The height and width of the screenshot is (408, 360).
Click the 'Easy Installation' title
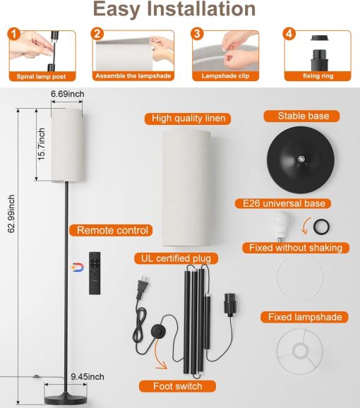pyautogui.click(x=174, y=10)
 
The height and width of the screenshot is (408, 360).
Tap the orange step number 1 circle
pyautogui.click(x=15, y=34)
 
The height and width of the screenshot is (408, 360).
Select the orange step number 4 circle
pyautogui.click(x=289, y=34)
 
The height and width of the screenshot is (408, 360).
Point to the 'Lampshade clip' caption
pyautogui.click(x=224, y=76)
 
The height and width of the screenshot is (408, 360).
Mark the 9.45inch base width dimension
pyautogui.click(x=87, y=376)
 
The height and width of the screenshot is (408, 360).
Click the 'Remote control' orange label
pyautogui.click(x=113, y=230)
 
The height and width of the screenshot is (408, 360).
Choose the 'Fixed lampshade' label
pyautogui.click(x=304, y=317)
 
